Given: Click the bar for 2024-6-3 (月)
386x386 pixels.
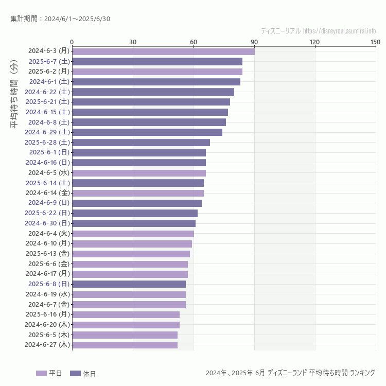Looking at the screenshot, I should pos(163,51).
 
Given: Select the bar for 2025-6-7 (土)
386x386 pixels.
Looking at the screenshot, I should pos(157,61).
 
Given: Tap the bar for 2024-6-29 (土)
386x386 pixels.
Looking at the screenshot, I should pos(147,132).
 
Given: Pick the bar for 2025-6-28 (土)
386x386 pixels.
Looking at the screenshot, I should pos(141,143).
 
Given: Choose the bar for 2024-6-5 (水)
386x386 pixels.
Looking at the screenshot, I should pos(139,173).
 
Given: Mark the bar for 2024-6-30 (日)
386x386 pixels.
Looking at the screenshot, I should pos(134,223).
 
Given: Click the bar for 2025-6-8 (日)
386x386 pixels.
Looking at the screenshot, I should pos(129,284).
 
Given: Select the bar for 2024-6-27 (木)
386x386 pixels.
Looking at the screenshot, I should pos(125,345).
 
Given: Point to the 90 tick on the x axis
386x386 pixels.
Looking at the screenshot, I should pos(254,42).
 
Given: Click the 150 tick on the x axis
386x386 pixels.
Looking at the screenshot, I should pos(375,42).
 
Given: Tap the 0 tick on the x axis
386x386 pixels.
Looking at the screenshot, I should pos(72,42).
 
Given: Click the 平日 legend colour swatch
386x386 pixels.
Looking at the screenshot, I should pos(41,373).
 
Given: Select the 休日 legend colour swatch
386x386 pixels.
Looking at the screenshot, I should pos(75,373).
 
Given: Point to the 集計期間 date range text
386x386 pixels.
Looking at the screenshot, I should pos(60,19).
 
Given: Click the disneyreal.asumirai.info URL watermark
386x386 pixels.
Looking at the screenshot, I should pos(340,31).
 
